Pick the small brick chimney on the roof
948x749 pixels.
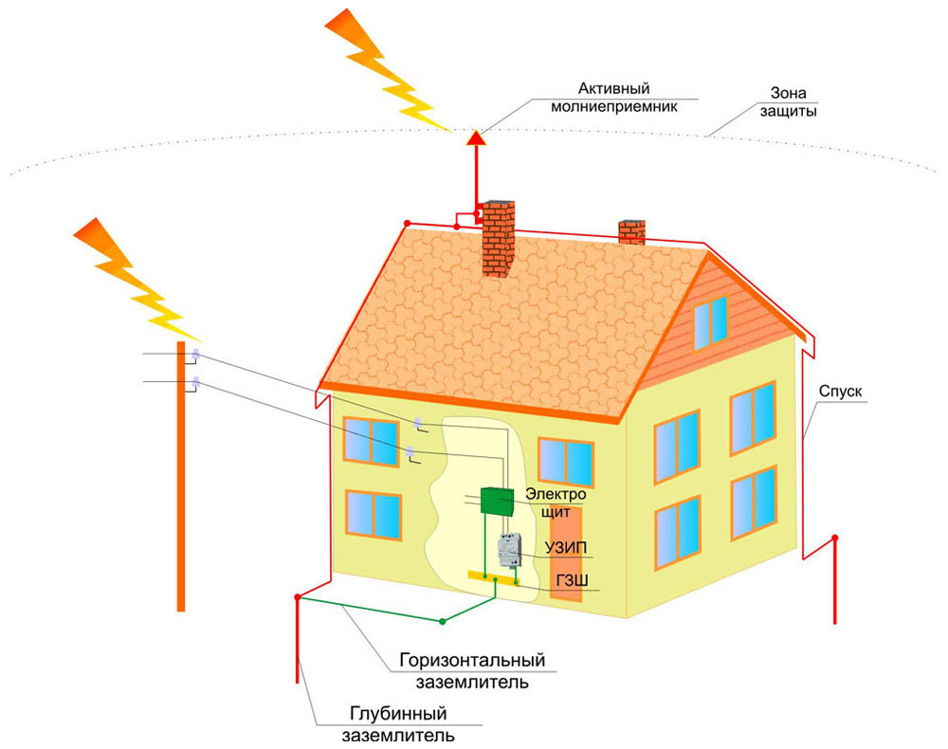tap(631, 232)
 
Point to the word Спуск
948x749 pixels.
tap(839, 391)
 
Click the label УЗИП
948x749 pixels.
tap(566, 549)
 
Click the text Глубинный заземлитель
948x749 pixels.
tap(397, 724)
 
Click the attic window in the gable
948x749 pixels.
tap(710, 321)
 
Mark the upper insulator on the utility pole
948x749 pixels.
tap(195, 356)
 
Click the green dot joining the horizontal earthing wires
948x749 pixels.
tap(443, 622)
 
